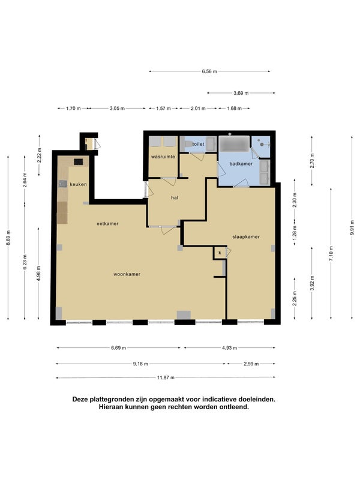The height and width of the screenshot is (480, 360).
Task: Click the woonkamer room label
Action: [127, 274]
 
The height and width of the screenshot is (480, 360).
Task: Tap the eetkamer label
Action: [107, 224]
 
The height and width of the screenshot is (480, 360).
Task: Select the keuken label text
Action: [78, 184]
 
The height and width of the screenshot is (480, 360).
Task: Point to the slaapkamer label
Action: [246, 236]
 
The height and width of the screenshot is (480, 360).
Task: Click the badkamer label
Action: [241, 164]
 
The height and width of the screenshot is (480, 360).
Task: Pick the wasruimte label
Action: [163, 157]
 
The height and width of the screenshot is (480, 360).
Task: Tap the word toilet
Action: [198, 144]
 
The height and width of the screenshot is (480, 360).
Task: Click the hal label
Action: [175, 198]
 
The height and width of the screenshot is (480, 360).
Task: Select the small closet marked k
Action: [220, 253]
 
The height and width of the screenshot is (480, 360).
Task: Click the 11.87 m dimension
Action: [166, 377]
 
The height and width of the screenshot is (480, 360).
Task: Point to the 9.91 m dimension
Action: [352, 227]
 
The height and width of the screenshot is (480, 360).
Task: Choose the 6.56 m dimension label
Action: [209, 71]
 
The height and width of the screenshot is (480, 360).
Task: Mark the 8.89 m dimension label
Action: [8, 238]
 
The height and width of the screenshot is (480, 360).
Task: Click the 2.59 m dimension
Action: [251, 364]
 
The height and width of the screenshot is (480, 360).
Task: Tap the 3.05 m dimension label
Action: [117, 108]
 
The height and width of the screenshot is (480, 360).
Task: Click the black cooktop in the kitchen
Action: [79, 161]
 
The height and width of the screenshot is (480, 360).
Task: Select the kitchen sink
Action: [63, 184]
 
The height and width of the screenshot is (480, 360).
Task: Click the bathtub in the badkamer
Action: [234, 143]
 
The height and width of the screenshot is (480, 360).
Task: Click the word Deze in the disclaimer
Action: [79, 399]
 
